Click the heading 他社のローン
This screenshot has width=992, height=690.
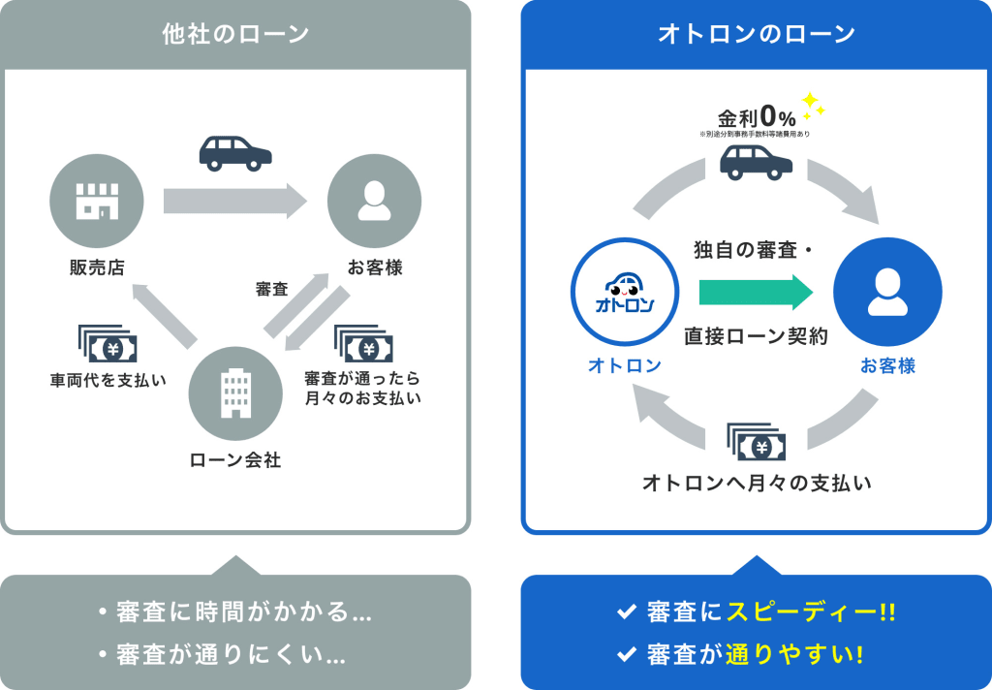click(x=235, y=34)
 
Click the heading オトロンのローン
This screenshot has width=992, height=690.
click(x=756, y=34)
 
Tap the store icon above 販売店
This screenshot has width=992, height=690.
click(x=97, y=203)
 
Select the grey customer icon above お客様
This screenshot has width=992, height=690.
click(x=374, y=203)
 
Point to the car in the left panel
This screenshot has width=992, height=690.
click(x=235, y=152)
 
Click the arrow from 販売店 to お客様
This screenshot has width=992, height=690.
click(x=234, y=202)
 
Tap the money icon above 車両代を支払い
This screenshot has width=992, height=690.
click(x=108, y=344)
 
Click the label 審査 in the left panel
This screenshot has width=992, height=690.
click(x=271, y=289)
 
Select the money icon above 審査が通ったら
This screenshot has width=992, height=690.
click(x=363, y=344)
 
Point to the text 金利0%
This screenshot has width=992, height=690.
click(x=757, y=117)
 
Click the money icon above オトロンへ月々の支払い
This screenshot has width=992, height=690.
click(x=756, y=443)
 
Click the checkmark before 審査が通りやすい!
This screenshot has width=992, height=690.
click(x=626, y=655)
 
